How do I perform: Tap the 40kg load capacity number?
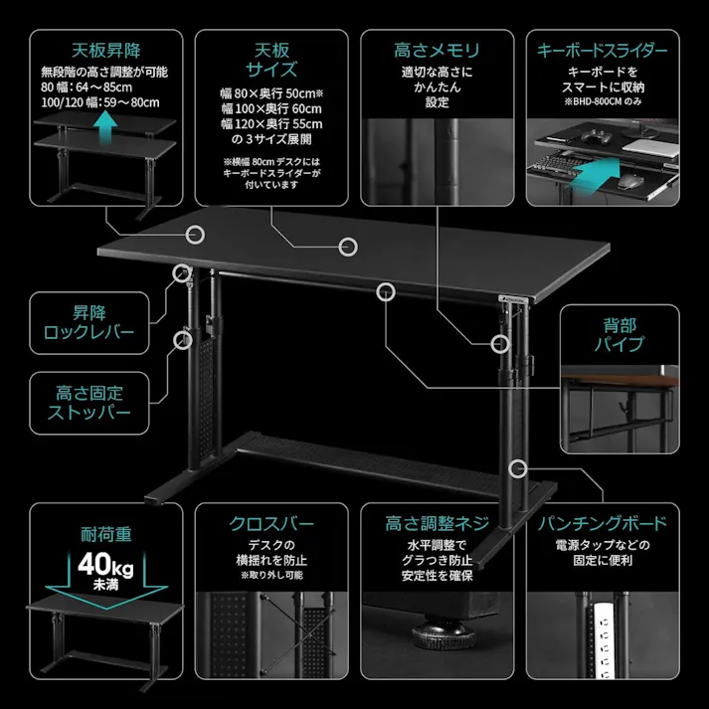point(96,568)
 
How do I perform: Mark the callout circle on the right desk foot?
point(516,467)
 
